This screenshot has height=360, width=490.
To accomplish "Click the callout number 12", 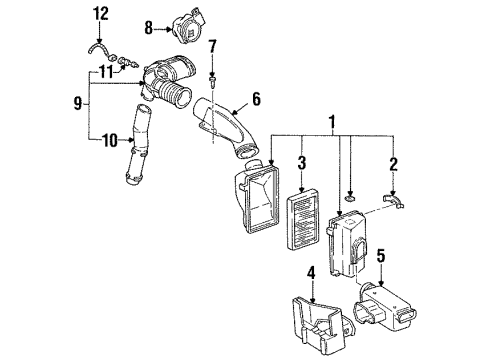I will tap(99, 13).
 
